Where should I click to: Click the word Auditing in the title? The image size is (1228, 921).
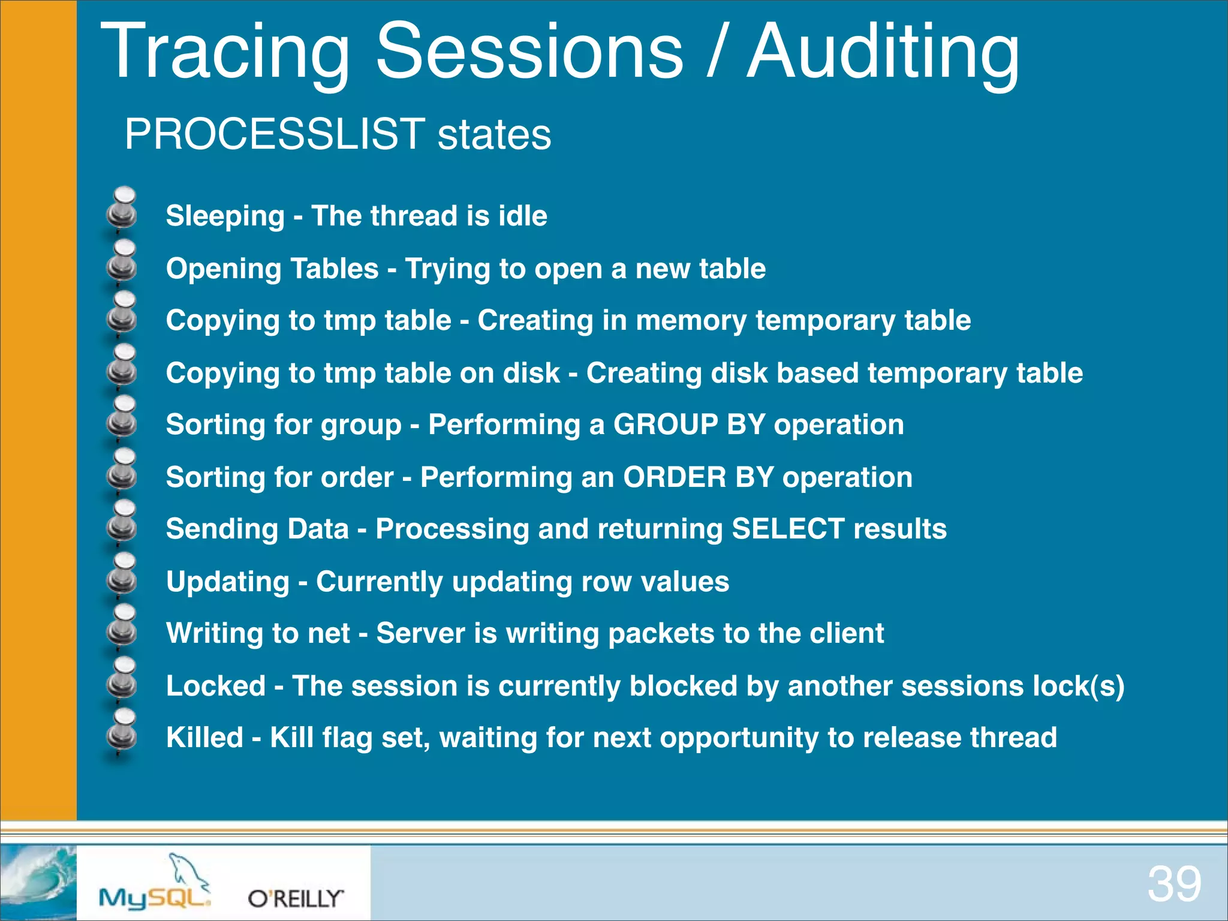pos(883,53)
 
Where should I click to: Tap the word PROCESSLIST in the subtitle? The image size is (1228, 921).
pos(275,134)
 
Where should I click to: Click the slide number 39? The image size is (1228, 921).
pos(1174,884)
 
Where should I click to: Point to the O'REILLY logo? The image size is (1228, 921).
pos(296,898)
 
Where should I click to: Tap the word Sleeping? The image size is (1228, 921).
pos(225,216)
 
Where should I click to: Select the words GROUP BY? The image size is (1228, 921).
pos(689,425)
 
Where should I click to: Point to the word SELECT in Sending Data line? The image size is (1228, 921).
pos(788,529)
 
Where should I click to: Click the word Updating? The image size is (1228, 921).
pos(228,582)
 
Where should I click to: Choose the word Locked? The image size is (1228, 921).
pos(215,686)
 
